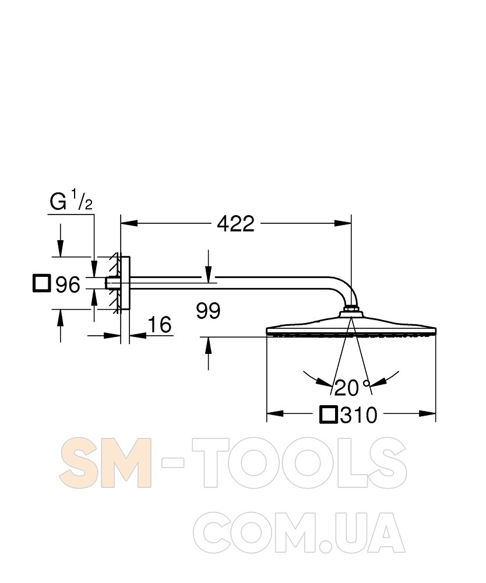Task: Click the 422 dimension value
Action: coord(235,223)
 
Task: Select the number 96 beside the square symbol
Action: coord(68,285)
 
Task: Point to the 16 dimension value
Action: coord(160,324)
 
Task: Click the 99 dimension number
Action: coord(209,311)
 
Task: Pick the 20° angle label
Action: coord(352,388)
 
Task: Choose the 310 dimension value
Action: coord(358,415)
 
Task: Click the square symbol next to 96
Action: coord(41,283)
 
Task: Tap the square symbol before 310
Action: coord(329,415)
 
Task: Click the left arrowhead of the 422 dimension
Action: coord(129,223)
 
